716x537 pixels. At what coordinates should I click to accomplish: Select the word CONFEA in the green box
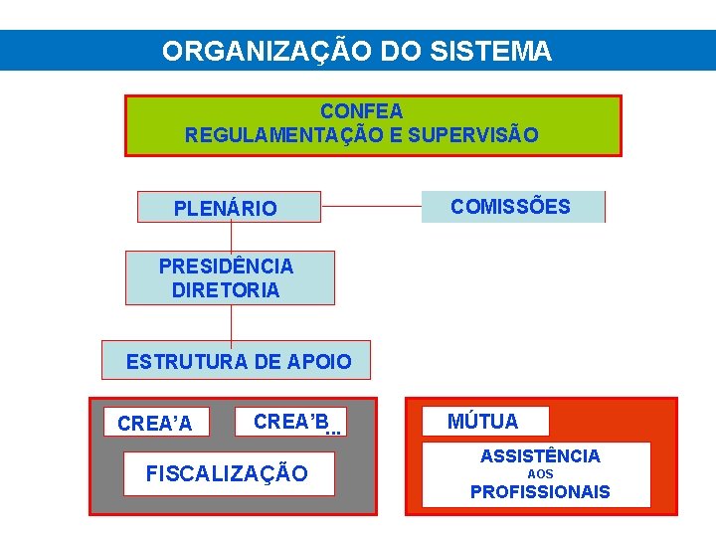[x=361, y=110]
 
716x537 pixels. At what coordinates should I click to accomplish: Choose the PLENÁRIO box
[x=227, y=208]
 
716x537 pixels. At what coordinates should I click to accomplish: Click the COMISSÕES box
[x=511, y=207]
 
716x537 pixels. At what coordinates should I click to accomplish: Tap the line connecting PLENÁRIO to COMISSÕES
[x=371, y=207]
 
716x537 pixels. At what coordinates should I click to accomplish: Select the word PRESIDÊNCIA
[x=227, y=267]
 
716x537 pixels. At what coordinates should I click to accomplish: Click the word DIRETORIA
[x=226, y=290]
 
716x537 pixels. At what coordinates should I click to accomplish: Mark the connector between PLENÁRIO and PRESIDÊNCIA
[x=231, y=236]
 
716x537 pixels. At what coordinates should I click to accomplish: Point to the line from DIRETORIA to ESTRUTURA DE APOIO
[x=231, y=323]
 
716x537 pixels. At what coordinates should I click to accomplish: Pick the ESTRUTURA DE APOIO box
[x=237, y=361]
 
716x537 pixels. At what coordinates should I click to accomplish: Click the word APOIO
[x=319, y=362]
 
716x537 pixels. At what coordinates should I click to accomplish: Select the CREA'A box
[x=155, y=424]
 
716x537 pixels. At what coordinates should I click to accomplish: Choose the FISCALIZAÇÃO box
[x=228, y=473]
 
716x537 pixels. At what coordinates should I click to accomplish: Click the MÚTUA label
[x=482, y=422]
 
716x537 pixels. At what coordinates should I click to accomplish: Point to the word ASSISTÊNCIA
[x=540, y=456]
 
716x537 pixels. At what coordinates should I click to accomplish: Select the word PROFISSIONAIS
[x=540, y=491]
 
